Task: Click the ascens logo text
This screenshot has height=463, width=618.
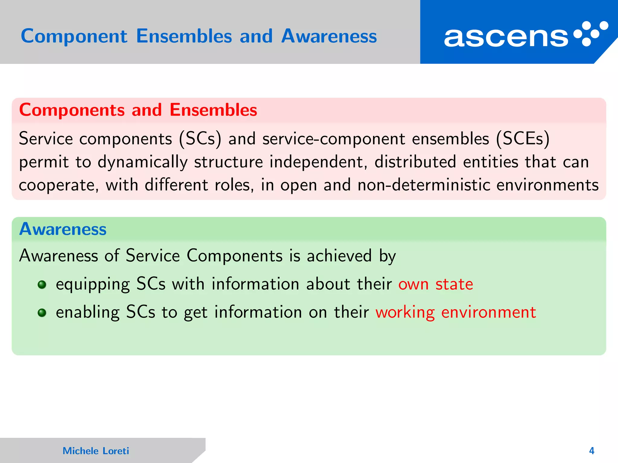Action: click(506, 37)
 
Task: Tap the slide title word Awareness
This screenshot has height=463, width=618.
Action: click(329, 36)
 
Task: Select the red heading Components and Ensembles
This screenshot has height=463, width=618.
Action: click(138, 110)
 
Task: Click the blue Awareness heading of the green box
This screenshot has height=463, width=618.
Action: click(63, 229)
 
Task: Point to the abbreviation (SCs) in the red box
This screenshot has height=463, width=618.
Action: click(200, 139)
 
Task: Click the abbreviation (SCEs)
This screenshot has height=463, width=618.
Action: click(523, 139)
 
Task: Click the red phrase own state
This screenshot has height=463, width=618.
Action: click(435, 284)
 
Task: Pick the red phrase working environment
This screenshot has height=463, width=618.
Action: click(456, 313)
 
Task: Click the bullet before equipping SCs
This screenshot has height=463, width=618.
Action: click(42, 285)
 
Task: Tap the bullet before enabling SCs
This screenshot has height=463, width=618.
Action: click(42, 313)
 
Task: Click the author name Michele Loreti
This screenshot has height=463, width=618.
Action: click(96, 451)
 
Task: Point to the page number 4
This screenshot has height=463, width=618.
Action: click(591, 451)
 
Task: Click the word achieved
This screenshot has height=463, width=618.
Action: click(339, 256)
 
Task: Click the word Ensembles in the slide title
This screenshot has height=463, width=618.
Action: click(184, 36)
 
